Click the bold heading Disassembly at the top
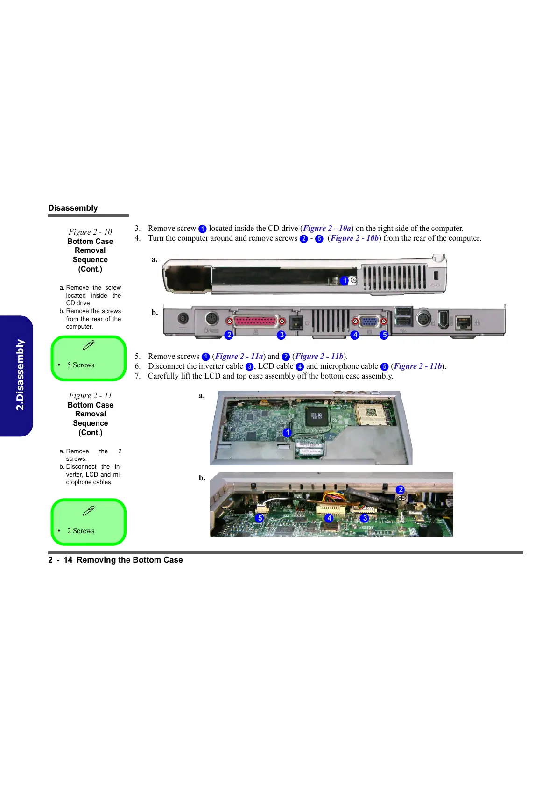pos(73,208)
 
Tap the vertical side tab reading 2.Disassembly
pos(20,375)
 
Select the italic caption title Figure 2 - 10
pos(90,232)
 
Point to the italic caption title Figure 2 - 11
pos(90,395)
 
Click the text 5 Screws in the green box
pos(81,365)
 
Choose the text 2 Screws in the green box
pos(81,531)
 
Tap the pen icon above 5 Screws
pos(88,345)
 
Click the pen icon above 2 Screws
pos(88,511)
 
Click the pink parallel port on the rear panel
pos(256,322)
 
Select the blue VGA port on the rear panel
pos(369,322)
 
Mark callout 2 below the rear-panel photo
pos(229,335)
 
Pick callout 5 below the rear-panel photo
pos(384,335)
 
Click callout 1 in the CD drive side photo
pos(345,280)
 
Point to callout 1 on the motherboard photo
pos(287,433)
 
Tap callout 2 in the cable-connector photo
pos(400,490)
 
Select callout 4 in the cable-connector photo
pos(329,518)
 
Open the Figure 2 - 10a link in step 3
pos(327,229)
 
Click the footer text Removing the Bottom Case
pos(130,560)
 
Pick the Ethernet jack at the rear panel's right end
pos(463,322)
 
